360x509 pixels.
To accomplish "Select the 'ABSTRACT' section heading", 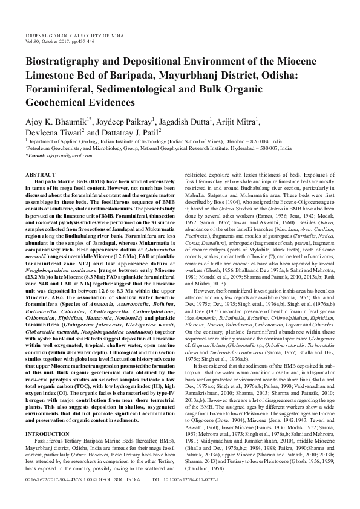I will coord(39,174).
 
